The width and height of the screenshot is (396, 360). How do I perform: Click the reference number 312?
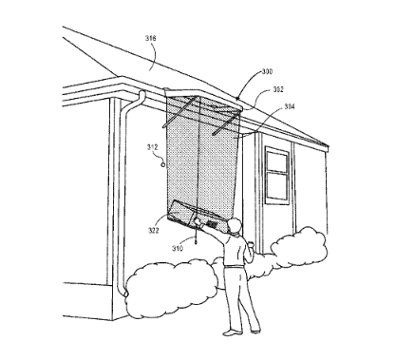pos(151,146)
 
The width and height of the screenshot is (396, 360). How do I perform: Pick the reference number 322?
pos(154,228)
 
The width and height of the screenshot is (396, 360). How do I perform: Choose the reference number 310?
pos(176,250)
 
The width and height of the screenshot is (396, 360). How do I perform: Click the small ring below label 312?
pos(162,163)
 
